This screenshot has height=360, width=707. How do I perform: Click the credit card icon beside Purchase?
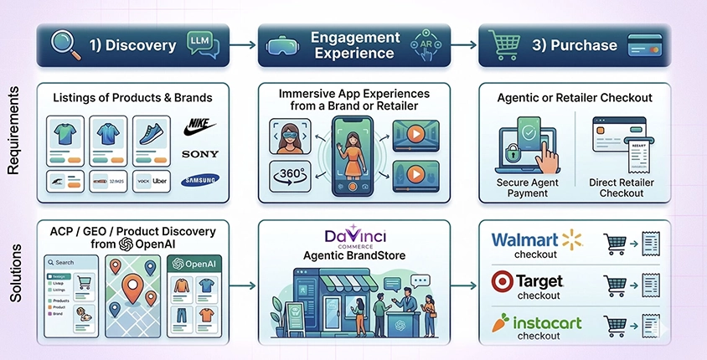pos(643,45)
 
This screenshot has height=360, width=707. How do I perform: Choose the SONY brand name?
pos(199,154)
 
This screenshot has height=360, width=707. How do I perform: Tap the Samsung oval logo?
pos(199,179)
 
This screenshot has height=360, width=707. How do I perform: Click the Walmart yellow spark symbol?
pos(572,240)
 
